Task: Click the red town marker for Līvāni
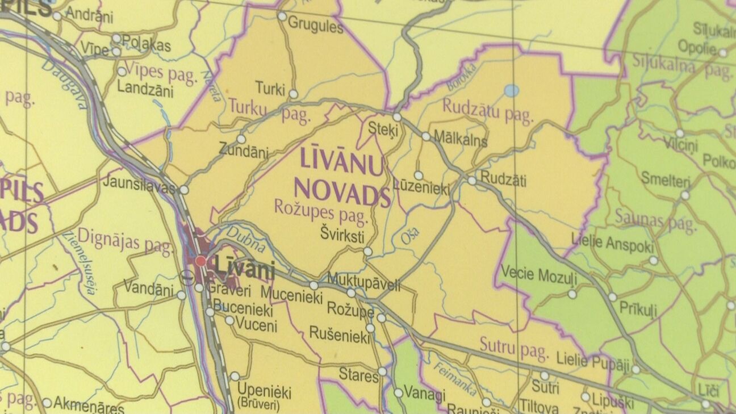pos(200,261)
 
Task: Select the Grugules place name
pos(316,26)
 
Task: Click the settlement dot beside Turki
pos(294,94)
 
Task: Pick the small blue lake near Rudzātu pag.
pos(511,90)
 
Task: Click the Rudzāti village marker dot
pos(472,181)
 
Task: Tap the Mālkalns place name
pos(460,139)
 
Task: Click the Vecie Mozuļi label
pos(539,276)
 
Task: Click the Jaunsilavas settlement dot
pos(184,190)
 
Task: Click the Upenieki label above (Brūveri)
pos(264,391)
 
